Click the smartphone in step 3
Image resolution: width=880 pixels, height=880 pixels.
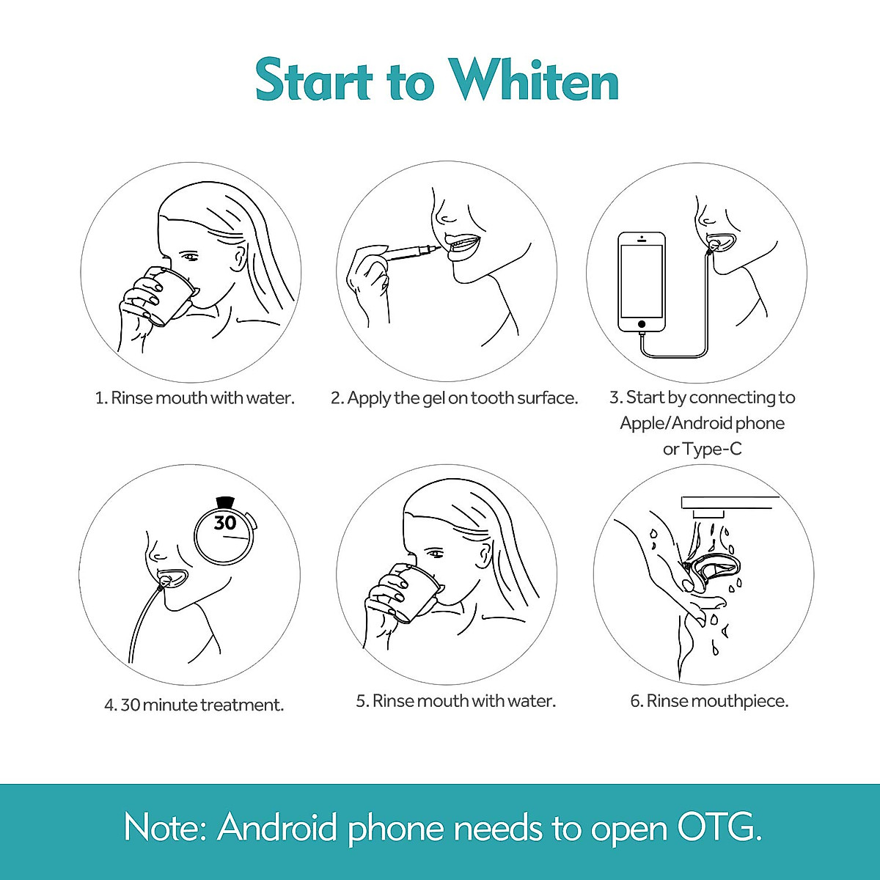tap(642, 282)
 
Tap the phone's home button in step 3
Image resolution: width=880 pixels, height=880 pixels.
tap(642, 323)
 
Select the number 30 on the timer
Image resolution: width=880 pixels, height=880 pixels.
tap(225, 523)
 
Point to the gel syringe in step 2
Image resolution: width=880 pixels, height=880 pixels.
tap(411, 253)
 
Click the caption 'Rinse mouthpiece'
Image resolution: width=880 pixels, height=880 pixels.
tap(709, 701)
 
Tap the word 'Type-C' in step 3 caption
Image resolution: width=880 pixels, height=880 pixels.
tap(712, 449)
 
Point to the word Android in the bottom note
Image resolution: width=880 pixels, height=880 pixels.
tap(278, 828)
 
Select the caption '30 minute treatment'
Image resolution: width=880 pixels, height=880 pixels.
tap(194, 705)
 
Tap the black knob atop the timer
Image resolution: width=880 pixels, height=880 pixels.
tap(225, 502)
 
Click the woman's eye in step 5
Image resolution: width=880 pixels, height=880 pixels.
tap(434, 552)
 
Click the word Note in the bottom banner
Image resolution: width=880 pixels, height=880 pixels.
tap(165, 828)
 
